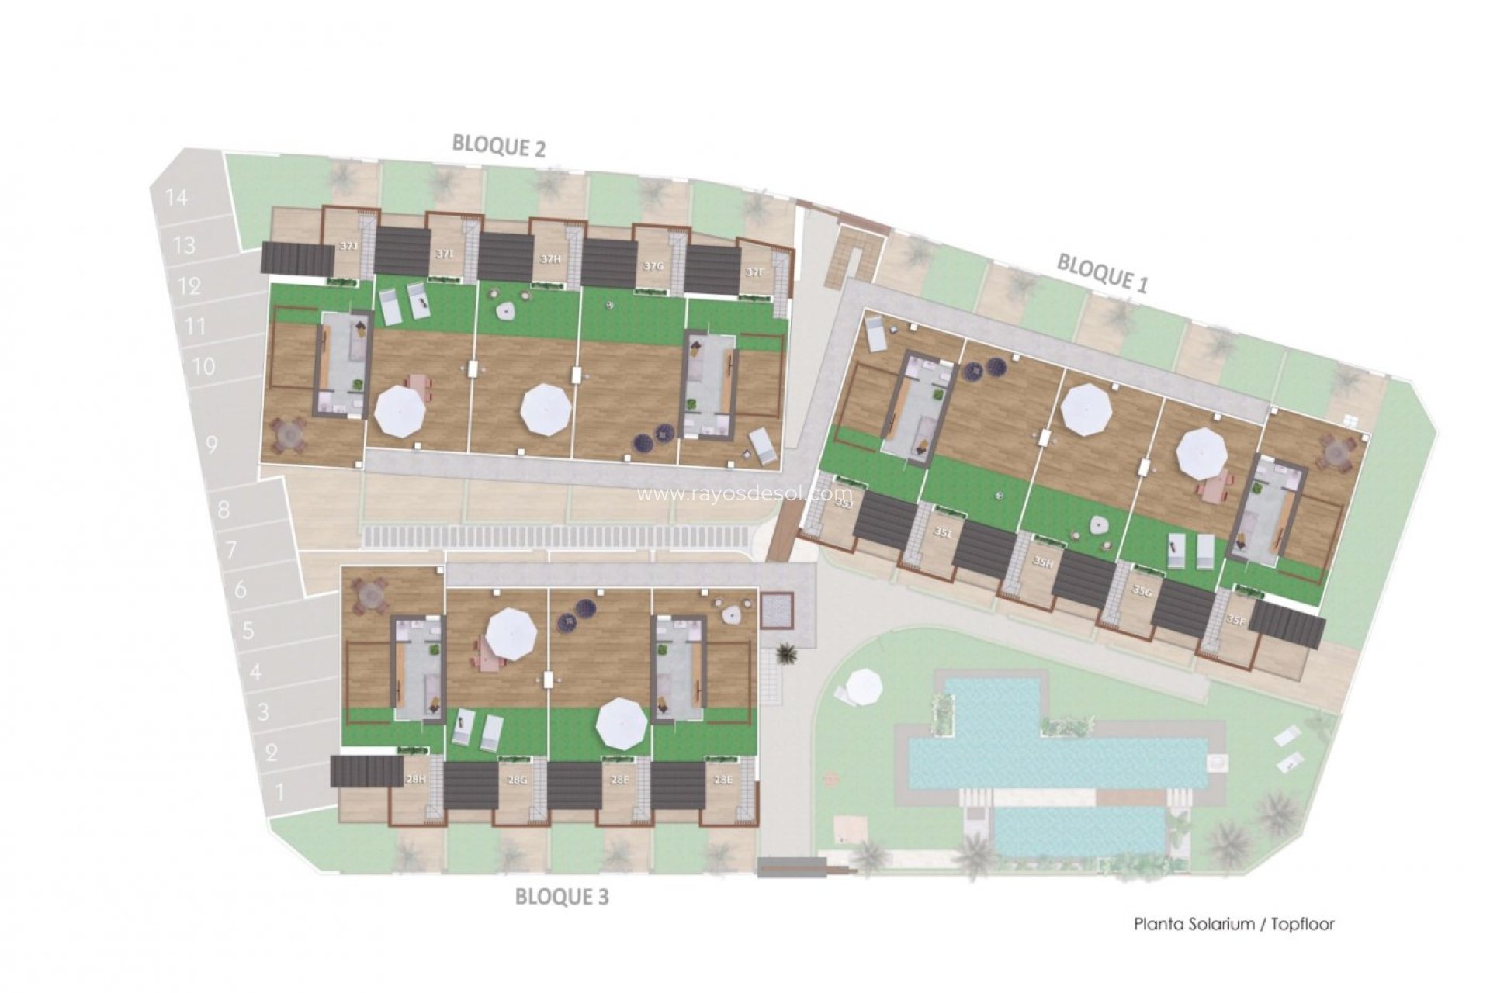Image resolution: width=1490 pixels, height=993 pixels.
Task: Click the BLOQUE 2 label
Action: (499, 145)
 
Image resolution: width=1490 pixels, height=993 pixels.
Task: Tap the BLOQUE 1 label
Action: (1102, 273)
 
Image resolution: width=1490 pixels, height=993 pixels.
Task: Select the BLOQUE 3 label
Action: (562, 898)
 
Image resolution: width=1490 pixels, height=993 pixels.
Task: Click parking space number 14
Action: (177, 198)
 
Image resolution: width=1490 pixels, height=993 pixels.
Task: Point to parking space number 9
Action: (212, 445)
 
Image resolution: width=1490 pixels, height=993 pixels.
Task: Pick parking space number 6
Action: (240, 590)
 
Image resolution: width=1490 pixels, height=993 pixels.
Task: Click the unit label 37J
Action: (348, 247)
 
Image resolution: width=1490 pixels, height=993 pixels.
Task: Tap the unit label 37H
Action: (550, 259)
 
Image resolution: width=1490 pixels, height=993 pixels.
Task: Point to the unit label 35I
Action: (943, 533)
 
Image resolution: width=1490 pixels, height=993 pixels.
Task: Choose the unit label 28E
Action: (722, 780)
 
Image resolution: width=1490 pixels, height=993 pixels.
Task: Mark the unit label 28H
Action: (416, 780)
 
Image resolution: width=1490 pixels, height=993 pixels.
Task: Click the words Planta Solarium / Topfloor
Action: (1234, 924)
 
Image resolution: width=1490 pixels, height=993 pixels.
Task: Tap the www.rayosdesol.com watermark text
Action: (744, 494)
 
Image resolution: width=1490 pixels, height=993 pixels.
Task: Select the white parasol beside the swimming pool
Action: (864, 686)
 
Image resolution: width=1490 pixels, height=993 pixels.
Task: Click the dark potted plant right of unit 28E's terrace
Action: (787, 655)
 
